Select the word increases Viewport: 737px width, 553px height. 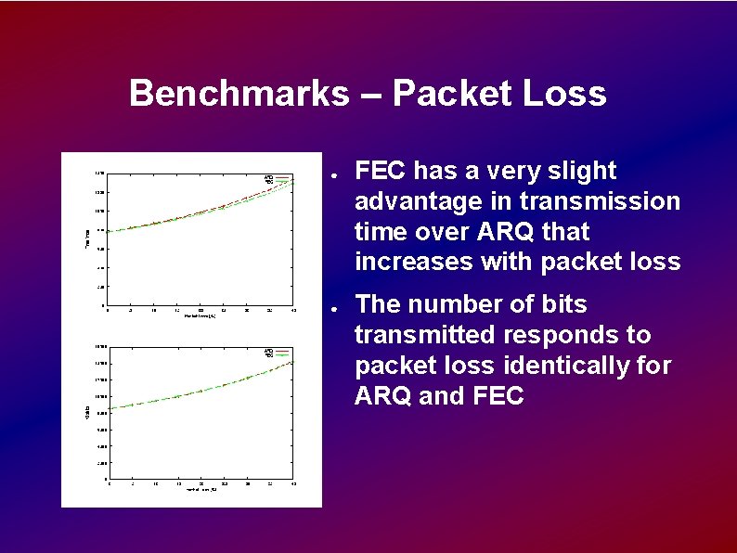[x=414, y=262]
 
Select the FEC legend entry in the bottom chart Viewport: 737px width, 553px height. [x=268, y=354]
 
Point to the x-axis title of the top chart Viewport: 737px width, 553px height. [x=200, y=316]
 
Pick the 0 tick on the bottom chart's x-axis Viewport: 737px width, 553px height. [x=109, y=483]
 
